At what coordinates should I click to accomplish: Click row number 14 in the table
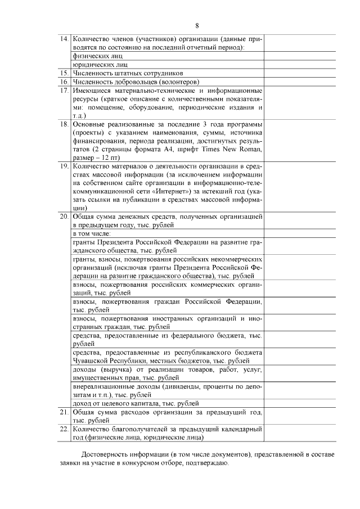64,40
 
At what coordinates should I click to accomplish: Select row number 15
64,73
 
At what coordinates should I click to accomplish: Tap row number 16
64,82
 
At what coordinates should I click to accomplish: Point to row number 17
64,90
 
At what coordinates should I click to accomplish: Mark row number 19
64,166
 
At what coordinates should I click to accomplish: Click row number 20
64,216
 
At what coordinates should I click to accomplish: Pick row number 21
64,412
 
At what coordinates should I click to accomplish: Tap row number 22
64,429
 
